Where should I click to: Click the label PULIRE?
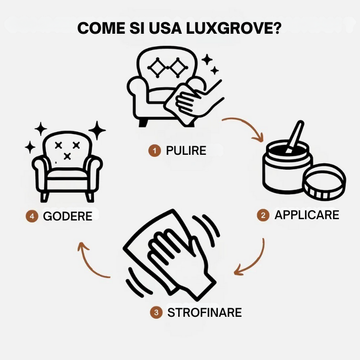click(186, 151)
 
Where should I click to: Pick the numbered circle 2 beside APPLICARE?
click(263, 215)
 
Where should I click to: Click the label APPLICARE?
click(306, 215)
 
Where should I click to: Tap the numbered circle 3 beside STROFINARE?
click(156, 312)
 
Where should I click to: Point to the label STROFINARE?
click(204, 312)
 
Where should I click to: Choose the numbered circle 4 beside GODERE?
click(31, 216)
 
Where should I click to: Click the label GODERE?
click(67, 216)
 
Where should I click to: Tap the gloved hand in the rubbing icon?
click(178, 261)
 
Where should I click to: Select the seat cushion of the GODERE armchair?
click(67, 173)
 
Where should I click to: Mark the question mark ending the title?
click(276, 27)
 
